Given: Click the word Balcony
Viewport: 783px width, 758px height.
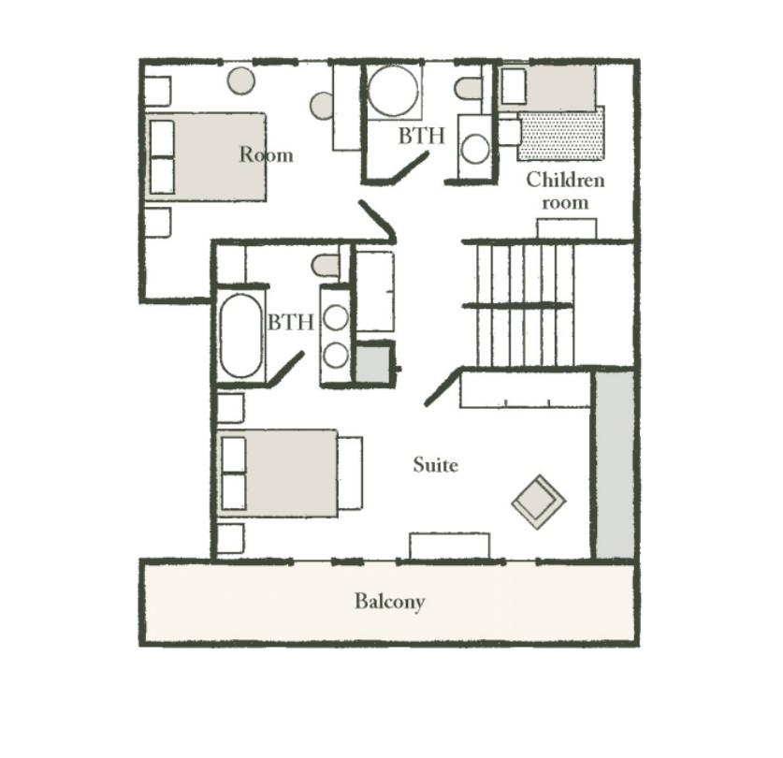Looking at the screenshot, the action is (x=389, y=602).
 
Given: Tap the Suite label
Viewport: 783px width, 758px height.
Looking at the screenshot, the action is (x=435, y=465).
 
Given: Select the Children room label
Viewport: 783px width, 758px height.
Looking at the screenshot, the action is (x=565, y=191).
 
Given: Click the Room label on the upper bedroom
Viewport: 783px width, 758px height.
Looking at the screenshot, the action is (x=267, y=154).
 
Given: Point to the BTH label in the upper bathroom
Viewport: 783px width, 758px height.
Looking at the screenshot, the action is (x=421, y=136).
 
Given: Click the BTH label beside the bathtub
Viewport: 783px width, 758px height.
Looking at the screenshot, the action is (x=291, y=322).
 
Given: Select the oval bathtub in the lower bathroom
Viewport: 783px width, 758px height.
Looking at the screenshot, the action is (x=240, y=336).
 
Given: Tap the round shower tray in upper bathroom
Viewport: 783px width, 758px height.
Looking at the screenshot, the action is (x=393, y=91).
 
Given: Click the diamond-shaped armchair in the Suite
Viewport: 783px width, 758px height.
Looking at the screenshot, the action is (x=539, y=502).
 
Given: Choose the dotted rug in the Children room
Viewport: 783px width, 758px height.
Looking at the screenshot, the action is (x=560, y=134).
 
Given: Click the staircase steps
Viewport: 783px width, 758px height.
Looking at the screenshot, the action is (x=524, y=305).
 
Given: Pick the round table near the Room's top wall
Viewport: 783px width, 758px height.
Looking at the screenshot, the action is (x=241, y=80).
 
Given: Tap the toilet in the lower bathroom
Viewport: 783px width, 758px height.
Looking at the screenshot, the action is (x=326, y=266).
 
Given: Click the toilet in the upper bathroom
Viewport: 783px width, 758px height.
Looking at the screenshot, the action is (x=468, y=89).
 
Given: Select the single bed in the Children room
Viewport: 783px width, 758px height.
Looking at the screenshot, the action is (x=548, y=88).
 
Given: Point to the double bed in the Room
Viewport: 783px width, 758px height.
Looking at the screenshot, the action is (x=205, y=157).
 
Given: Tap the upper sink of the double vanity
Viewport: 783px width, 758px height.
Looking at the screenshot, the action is (x=336, y=317).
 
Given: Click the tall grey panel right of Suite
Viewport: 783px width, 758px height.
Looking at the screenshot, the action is (x=615, y=464).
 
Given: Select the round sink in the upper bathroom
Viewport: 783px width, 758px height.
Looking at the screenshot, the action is (x=475, y=149).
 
